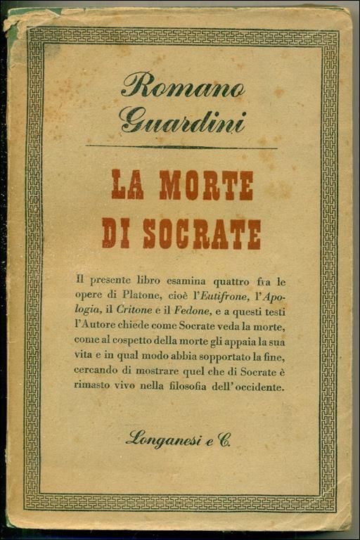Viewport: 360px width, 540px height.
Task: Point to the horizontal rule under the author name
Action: [x=181, y=147]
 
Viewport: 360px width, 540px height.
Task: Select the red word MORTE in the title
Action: [x=206, y=186]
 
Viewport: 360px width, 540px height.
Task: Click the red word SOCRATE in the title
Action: [x=202, y=233]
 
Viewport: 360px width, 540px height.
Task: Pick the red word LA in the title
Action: [x=127, y=186]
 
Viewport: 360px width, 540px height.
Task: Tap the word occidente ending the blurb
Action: [x=259, y=385]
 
